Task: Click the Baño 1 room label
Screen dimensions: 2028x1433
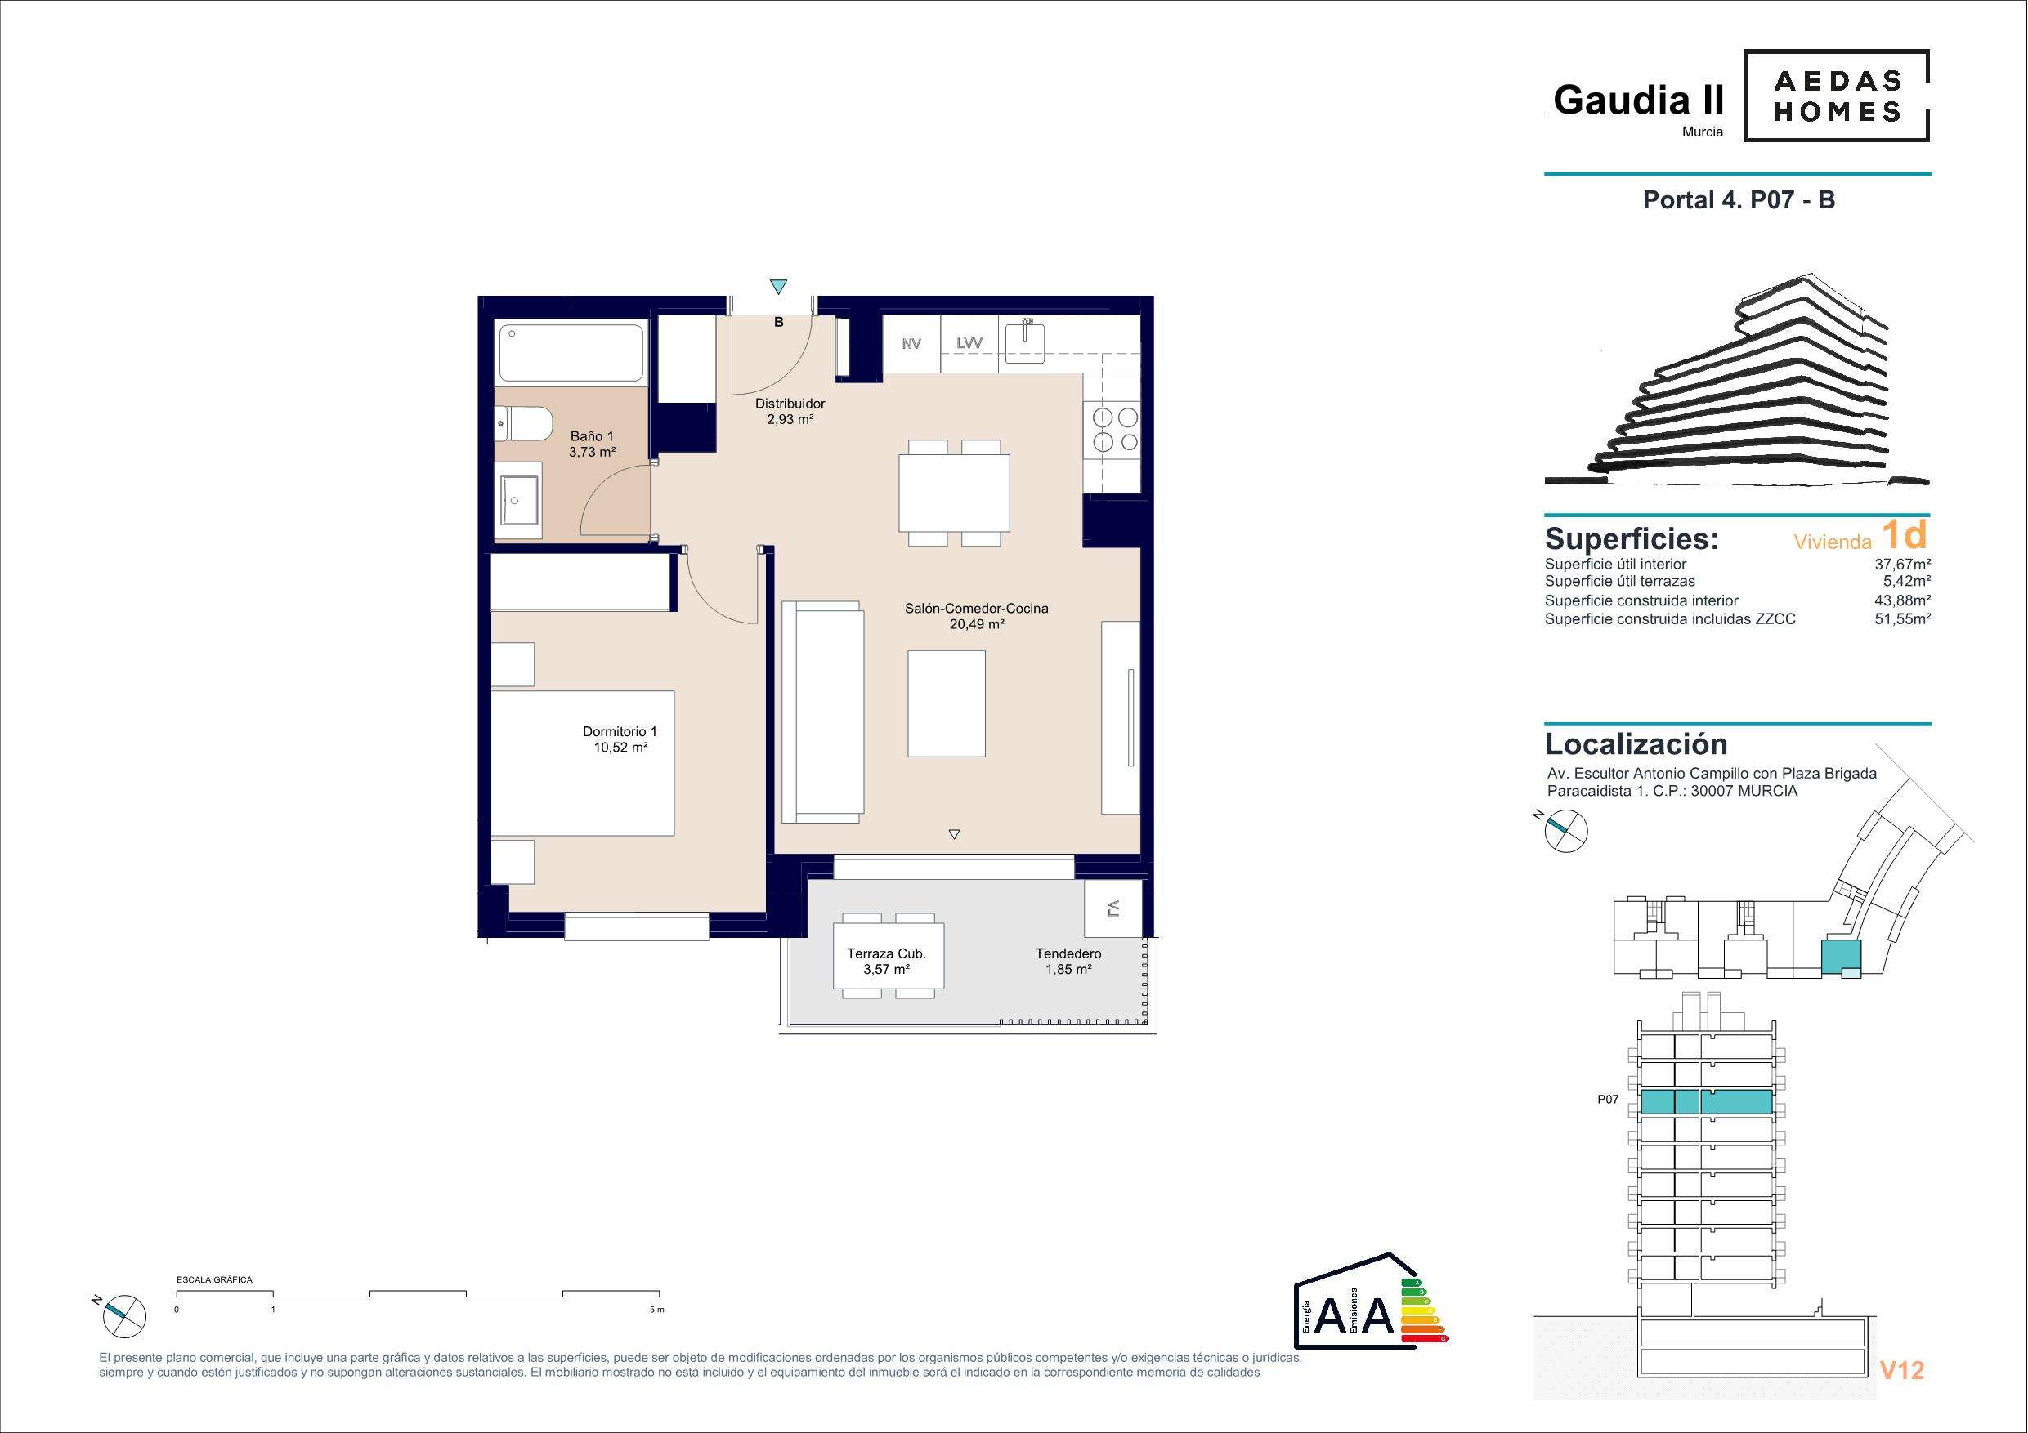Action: (x=592, y=444)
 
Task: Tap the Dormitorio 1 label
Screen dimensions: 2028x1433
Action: (x=620, y=739)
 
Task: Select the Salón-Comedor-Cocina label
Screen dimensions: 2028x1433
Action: (x=976, y=615)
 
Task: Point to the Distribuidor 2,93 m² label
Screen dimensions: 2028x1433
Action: (x=790, y=412)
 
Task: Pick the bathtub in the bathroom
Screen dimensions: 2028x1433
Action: (x=571, y=353)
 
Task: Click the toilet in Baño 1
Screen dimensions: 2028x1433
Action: (x=524, y=426)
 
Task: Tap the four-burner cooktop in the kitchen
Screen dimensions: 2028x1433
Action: (x=1116, y=429)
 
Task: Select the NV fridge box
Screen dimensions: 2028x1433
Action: (x=911, y=344)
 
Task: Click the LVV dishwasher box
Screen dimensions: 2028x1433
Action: (x=969, y=344)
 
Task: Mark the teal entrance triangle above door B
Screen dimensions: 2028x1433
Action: (x=777, y=286)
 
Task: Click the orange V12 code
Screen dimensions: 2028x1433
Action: (x=1901, y=1369)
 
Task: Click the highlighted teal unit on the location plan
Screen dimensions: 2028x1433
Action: (x=1841, y=956)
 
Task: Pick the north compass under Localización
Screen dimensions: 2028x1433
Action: (x=1564, y=830)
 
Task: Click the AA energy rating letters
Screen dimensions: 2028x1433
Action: (x=1354, y=1339)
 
